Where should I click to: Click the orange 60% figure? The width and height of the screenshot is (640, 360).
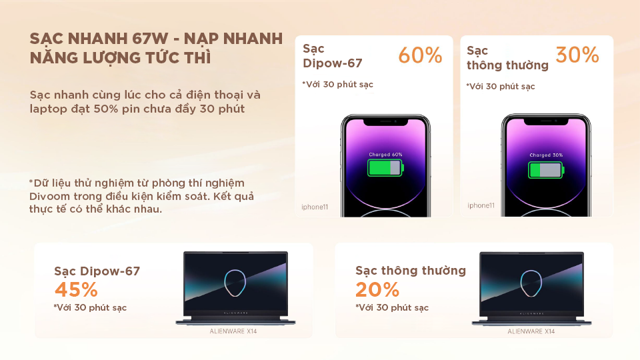tap(420, 55)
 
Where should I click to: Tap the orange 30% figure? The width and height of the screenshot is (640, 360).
tap(577, 55)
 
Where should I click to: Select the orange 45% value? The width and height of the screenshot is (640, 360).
tap(76, 290)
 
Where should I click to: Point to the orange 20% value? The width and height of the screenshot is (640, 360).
tap(377, 290)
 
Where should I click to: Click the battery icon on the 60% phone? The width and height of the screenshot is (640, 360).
tap(386, 168)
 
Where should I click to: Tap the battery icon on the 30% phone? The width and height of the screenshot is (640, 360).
tap(546, 170)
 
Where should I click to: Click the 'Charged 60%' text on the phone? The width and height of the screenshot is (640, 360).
tap(386, 155)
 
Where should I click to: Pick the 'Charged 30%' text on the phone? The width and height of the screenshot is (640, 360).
tap(546, 155)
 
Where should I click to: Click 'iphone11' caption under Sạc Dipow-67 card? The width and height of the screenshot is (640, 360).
tap(315, 207)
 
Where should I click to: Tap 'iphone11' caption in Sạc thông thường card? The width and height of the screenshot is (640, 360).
tap(481, 205)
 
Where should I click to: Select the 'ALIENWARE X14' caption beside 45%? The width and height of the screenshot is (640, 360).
tap(233, 331)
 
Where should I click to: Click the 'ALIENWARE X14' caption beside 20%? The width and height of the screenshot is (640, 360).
tap(531, 331)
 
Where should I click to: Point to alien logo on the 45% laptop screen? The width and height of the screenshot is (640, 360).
tap(235, 283)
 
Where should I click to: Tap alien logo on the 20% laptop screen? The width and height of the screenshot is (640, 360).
tap(531, 283)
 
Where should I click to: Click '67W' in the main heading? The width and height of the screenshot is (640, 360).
tap(150, 39)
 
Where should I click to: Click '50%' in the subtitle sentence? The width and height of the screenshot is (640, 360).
tap(106, 109)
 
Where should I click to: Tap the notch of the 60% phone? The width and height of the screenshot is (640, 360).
tap(386, 121)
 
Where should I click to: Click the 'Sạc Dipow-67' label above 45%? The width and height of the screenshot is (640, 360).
tap(97, 271)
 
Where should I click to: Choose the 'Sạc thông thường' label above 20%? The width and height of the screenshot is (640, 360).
tap(411, 271)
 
